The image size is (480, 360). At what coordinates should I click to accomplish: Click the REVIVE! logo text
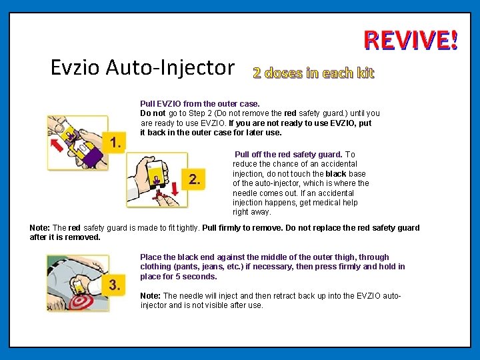point(411,40)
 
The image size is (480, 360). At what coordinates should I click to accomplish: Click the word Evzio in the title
point(75,67)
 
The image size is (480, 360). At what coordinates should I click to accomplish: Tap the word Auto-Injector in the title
point(170,67)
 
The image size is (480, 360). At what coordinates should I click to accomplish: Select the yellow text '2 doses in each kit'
point(313,73)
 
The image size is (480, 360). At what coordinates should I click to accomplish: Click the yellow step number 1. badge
point(114,143)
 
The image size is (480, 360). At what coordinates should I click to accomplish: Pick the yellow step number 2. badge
point(193,179)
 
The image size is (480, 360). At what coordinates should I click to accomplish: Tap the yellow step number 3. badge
point(113,285)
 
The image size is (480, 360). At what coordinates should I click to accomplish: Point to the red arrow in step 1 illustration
point(57,145)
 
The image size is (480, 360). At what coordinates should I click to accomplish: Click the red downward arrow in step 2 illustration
point(175,189)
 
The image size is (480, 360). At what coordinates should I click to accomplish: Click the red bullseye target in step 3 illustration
point(79,302)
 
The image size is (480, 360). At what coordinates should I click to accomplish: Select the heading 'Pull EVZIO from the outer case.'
point(200,104)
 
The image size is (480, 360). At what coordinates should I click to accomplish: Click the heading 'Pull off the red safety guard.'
point(289,154)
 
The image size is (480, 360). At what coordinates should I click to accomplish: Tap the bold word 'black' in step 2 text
point(336,174)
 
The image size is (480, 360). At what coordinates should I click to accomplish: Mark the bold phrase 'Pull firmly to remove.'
point(243,228)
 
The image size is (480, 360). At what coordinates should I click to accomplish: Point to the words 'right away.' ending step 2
point(252,212)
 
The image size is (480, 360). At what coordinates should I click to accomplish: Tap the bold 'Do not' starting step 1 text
point(153,113)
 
